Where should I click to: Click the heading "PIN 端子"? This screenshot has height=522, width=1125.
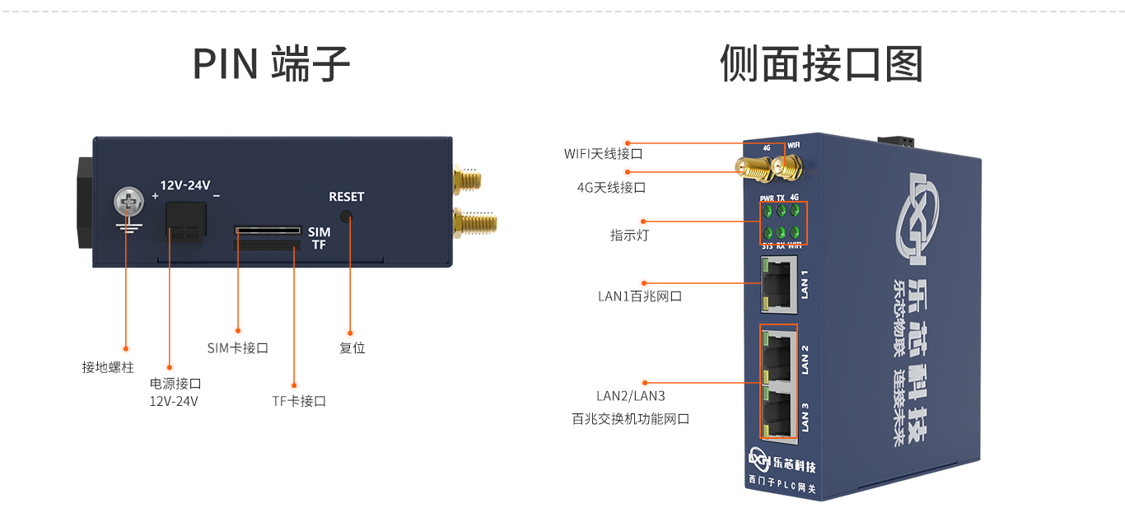[x=271, y=64]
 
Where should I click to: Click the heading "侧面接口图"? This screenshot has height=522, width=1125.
[x=821, y=64]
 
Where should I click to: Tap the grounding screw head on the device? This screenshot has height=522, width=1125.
[x=126, y=201]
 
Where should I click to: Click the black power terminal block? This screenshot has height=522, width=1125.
[x=184, y=221]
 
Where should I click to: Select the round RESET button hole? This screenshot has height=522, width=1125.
[x=346, y=217]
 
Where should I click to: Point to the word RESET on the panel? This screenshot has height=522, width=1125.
[x=346, y=197]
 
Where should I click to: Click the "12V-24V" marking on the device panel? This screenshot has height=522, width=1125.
[x=184, y=185]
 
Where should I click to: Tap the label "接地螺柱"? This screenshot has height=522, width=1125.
[x=108, y=367]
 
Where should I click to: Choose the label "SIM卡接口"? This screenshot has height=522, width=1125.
[x=238, y=348]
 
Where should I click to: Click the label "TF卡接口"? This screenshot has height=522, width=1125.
[x=299, y=402]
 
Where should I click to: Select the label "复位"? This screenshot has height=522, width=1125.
[x=352, y=348]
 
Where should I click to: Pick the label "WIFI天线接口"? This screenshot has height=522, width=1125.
[x=603, y=154]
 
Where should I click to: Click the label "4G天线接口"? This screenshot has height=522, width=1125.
[x=611, y=188]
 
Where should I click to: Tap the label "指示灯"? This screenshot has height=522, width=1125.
[x=630, y=235]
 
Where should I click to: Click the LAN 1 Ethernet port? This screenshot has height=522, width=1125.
[x=778, y=284]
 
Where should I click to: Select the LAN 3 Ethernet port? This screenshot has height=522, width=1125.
[x=780, y=412]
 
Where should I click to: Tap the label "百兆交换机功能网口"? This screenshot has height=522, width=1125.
[x=631, y=419]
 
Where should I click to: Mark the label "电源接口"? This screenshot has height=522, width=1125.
[x=175, y=384]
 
